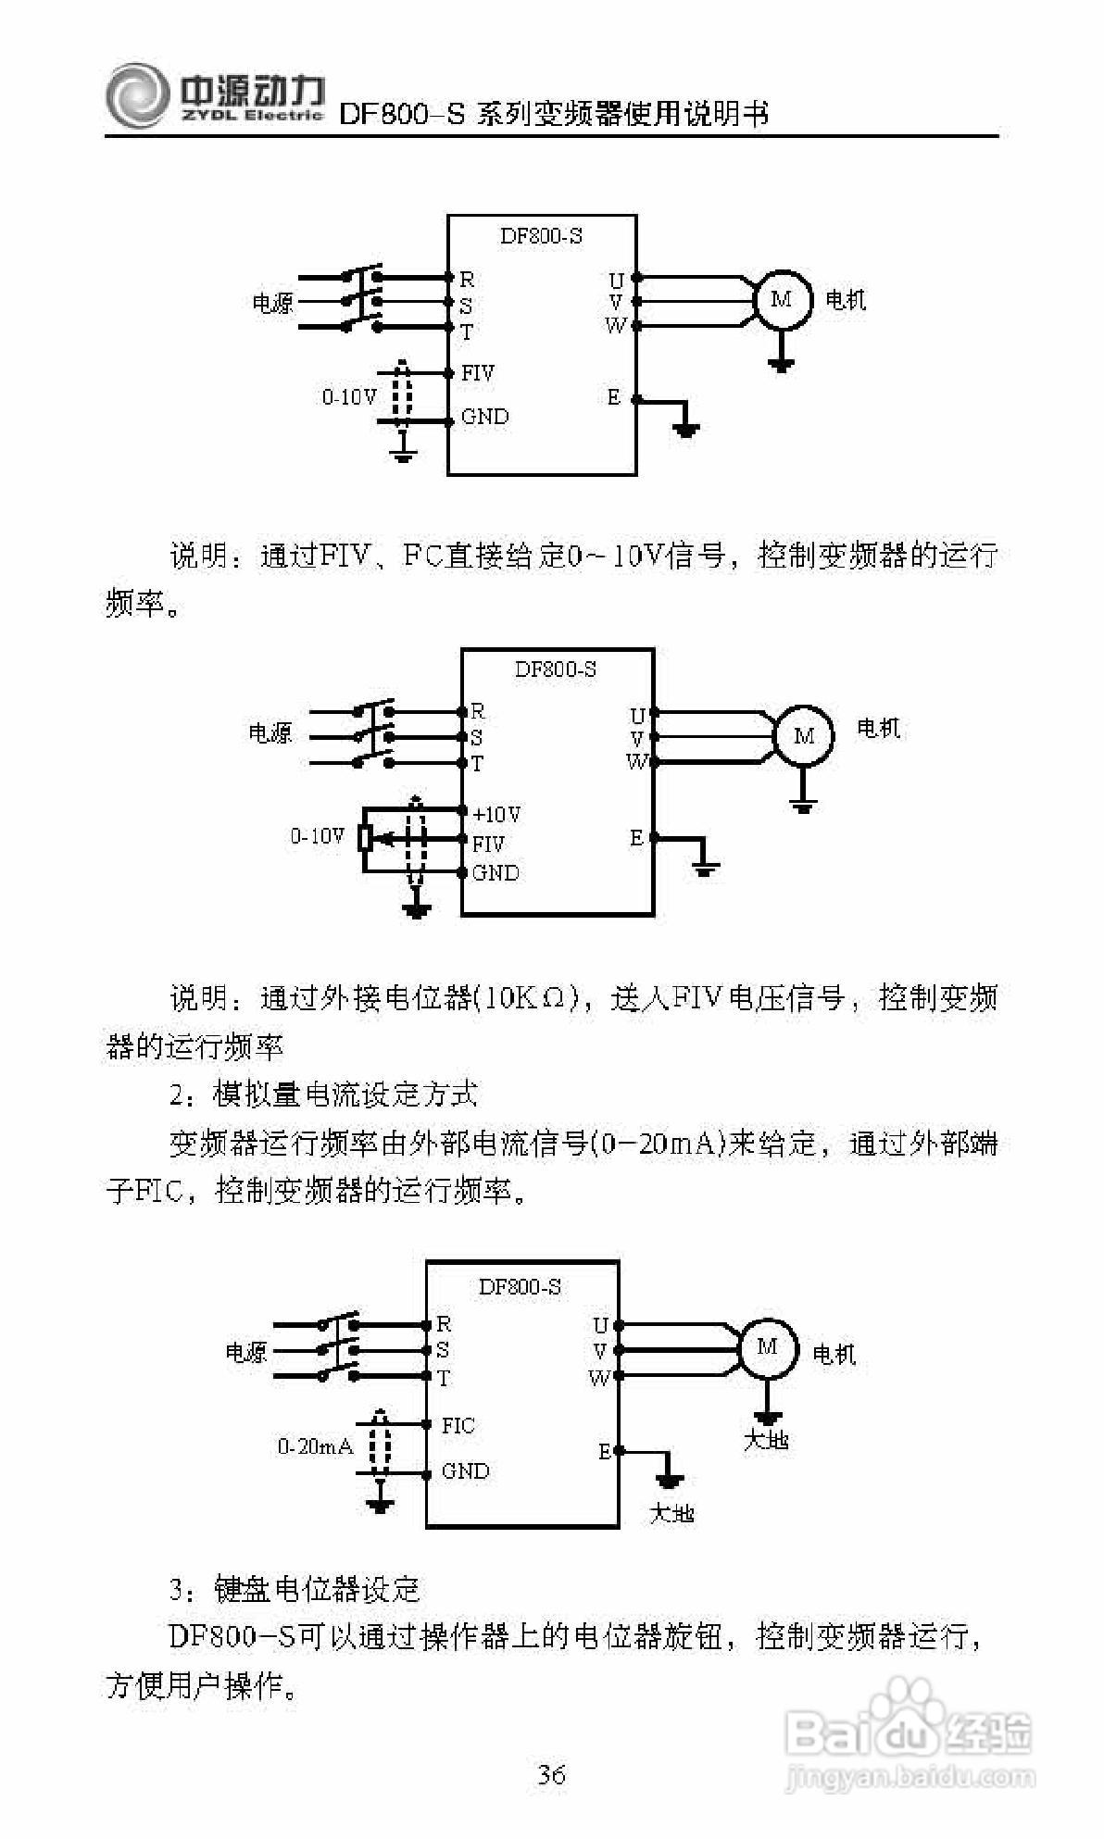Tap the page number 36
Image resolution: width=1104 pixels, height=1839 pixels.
(552, 1774)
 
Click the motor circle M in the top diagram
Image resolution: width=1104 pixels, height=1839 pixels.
(782, 299)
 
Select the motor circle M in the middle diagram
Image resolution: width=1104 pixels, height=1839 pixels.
(803, 736)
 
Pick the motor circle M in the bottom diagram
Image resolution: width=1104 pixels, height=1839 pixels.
(767, 1347)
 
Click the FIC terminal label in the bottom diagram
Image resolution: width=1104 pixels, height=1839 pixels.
(458, 1425)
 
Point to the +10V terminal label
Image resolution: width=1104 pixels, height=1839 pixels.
(496, 814)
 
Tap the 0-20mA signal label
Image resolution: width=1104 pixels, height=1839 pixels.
(315, 1445)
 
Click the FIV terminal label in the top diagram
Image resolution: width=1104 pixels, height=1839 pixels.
(478, 373)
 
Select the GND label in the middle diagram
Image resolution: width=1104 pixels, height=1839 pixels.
(496, 872)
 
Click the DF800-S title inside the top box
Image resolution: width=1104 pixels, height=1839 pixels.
(541, 236)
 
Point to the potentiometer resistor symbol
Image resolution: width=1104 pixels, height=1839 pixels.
(366, 838)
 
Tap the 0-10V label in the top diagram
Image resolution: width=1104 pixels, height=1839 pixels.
(349, 396)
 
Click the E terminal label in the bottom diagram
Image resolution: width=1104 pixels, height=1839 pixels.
(604, 1451)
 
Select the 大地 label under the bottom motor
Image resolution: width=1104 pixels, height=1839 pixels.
(766, 1440)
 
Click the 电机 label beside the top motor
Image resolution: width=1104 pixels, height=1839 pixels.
(846, 299)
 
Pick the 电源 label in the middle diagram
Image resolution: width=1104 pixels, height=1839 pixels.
(270, 733)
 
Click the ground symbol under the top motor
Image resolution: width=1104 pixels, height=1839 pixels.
(782, 363)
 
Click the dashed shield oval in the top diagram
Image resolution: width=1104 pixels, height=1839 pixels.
(401, 395)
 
